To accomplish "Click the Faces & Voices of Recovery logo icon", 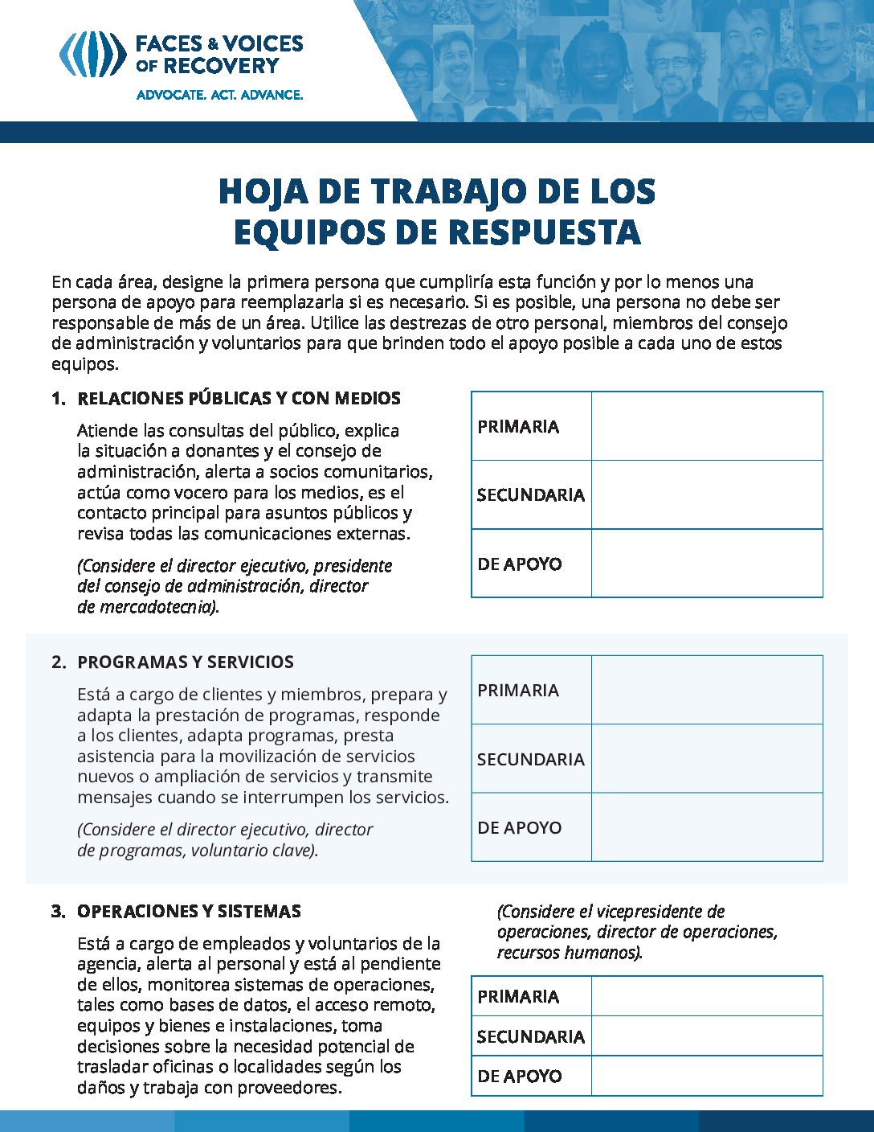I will [92, 54].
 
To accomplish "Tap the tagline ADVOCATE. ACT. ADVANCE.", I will [219, 95].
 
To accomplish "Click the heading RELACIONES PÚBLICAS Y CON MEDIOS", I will [239, 399].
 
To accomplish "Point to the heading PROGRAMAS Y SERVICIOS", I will [185, 662].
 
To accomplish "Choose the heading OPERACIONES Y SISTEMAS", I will [189, 912].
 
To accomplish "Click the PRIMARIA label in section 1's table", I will [518, 427].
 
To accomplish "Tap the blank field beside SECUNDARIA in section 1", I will [707, 494].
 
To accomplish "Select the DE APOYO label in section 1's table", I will [519, 564].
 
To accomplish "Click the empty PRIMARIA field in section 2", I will [707, 690].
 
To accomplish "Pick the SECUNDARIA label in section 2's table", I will [530, 760].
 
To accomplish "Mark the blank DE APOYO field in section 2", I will [707, 827].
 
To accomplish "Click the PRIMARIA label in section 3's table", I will [518, 997].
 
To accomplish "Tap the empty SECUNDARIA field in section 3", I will [707, 1036].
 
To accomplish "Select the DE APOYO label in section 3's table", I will [519, 1077].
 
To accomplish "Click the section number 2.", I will [57, 662].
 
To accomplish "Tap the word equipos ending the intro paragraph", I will [84, 364].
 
